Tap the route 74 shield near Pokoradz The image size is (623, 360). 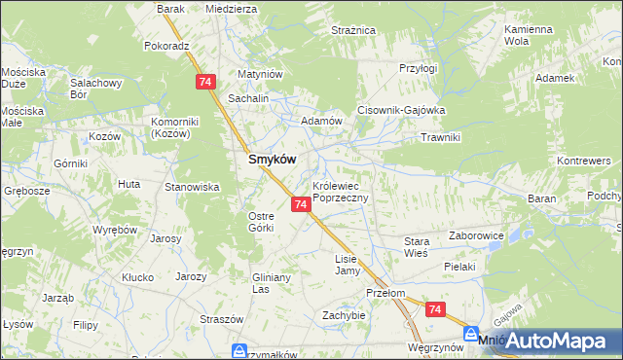coord(204,83)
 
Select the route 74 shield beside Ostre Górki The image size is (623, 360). coord(301,204)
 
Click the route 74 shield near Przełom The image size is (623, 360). coord(435,309)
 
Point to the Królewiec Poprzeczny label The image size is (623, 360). coord(340,191)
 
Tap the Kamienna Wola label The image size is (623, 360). coord(529,36)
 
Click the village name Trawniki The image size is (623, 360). coord(439,137)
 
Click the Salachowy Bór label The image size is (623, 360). coord(94,90)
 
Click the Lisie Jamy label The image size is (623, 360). coord(348,265)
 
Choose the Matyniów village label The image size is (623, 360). coord(260,74)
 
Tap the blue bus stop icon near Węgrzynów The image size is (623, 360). coord(471,332)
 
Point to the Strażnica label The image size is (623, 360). coord(353,31)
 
